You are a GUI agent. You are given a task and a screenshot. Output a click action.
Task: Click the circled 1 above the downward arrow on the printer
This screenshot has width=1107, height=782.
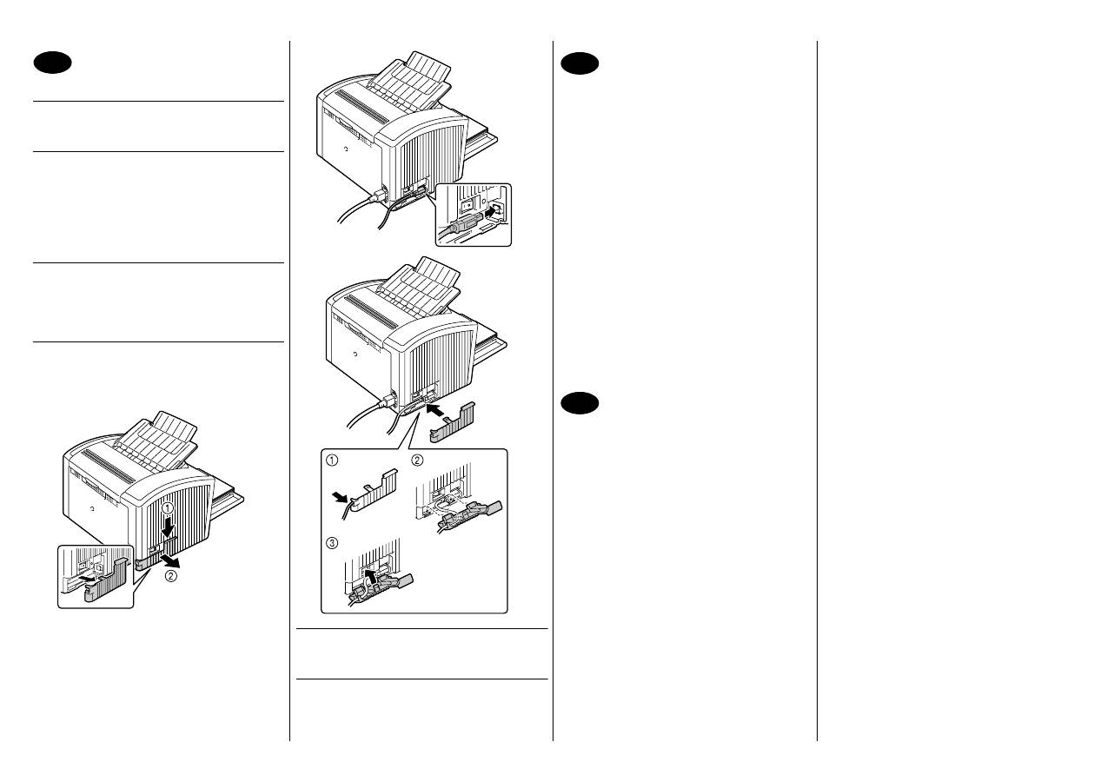click(169, 510)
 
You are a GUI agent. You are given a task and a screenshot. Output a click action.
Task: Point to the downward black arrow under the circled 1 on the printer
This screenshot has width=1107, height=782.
click(169, 527)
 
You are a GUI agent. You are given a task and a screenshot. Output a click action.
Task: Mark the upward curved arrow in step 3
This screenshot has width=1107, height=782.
click(370, 575)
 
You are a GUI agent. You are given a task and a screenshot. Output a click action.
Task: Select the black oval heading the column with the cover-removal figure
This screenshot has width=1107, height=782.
click(52, 63)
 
